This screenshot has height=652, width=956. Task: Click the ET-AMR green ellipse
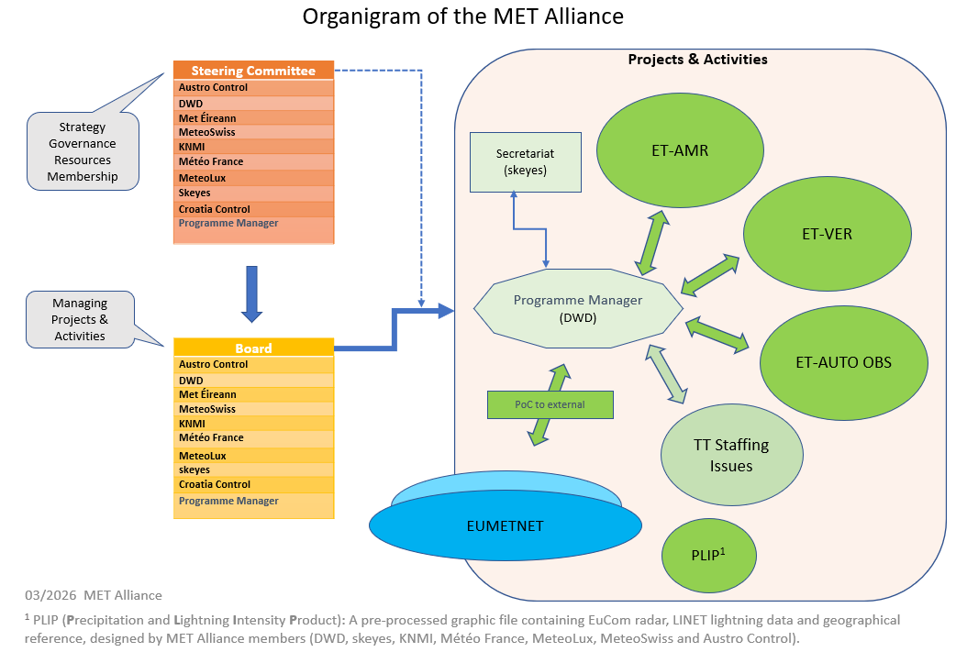pos(680,149)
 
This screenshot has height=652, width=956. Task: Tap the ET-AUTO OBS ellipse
pos(843,361)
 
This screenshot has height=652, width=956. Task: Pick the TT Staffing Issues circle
pos(731,455)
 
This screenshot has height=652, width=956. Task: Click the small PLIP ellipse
pos(709,555)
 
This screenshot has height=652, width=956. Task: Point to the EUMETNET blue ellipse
pos(504,526)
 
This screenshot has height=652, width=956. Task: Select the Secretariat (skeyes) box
pos(525,162)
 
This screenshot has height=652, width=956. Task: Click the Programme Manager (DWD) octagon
pos(578,309)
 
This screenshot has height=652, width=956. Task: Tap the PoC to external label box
pos(549,404)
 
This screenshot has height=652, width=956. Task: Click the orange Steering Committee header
pos(253,71)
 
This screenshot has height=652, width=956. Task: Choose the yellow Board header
pos(253,348)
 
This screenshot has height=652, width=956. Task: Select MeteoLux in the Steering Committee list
pos(204,178)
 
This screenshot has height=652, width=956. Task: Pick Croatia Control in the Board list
pos(215,484)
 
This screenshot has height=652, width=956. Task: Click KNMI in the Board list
pos(192,424)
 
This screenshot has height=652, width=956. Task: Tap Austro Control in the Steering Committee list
pos(213,88)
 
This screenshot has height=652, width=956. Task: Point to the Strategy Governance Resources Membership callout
pos(83,151)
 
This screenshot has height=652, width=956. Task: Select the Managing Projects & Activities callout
pos(80,319)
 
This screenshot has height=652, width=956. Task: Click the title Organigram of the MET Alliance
pos(462,17)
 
